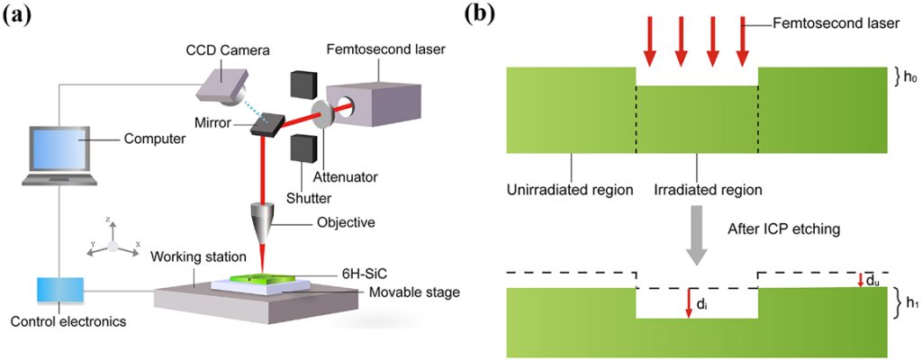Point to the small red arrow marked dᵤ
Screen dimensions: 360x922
(x=861, y=279)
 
